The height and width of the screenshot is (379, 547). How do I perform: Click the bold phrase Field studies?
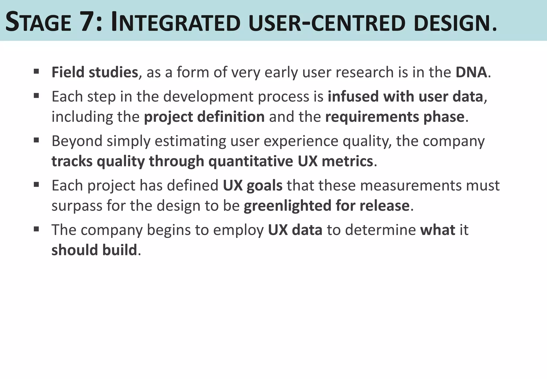click(95, 72)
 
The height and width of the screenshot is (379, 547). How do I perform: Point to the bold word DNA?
click(471, 72)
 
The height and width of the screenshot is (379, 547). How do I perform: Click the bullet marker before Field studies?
click(37, 71)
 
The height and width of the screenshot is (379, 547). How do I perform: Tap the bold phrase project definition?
click(204, 117)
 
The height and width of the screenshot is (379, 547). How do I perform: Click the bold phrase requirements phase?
click(394, 117)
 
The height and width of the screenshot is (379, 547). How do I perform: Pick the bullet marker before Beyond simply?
click(37, 140)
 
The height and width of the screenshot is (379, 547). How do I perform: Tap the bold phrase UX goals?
click(252, 185)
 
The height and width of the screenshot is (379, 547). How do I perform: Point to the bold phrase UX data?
click(295, 230)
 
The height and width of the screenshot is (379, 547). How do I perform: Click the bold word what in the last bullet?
click(437, 230)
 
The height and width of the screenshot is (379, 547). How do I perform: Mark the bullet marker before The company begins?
click(37, 229)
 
